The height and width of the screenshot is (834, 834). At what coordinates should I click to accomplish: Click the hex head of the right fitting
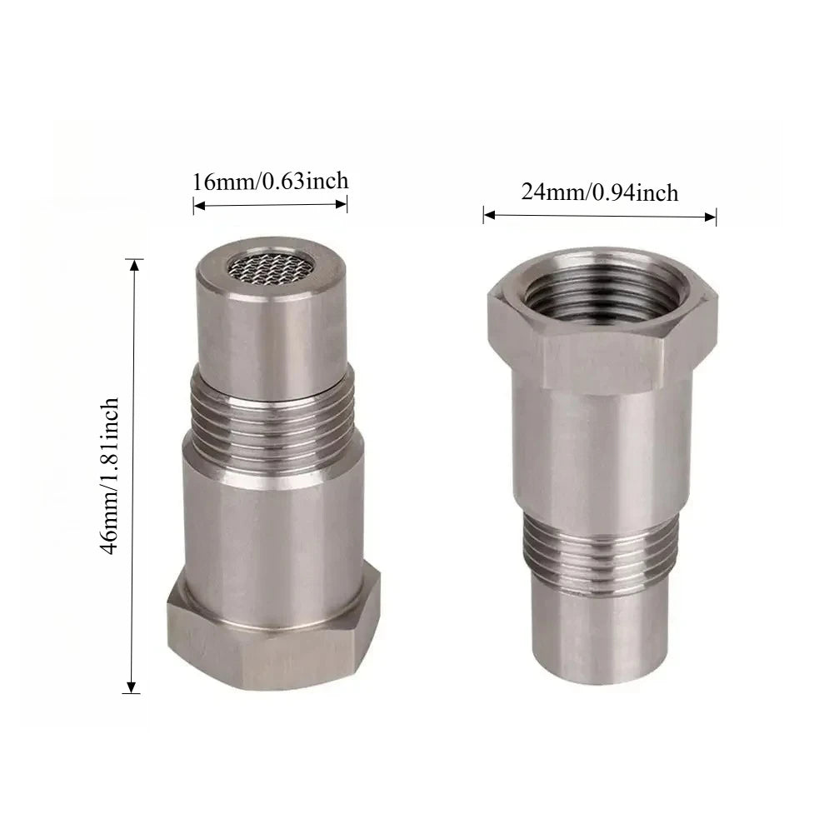point(602,319)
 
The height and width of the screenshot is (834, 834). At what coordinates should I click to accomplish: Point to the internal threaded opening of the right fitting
point(602,292)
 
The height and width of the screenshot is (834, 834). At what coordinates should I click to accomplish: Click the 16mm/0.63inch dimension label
point(270,182)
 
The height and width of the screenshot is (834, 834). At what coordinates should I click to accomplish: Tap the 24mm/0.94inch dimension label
point(599,192)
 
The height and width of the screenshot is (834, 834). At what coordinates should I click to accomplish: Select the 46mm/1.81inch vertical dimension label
point(110,476)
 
